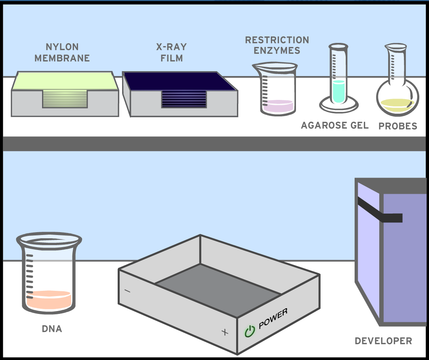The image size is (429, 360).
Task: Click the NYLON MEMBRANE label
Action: pyautogui.click(x=62, y=53)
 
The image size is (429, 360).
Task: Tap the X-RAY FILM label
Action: pyautogui.click(x=171, y=53)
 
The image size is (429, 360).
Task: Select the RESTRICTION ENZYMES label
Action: pyautogui.click(x=277, y=45)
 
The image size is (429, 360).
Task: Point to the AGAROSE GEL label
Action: pyautogui.click(x=335, y=125)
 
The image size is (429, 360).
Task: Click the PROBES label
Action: pyautogui.click(x=397, y=126)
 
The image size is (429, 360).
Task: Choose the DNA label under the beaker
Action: pyautogui.click(x=52, y=329)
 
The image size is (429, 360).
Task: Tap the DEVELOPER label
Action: pyautogui.click(x=383, y=341)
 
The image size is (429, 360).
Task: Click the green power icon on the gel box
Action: pyautogui.click(x=250, y=331)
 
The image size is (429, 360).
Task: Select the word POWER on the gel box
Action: pyautogui.click(x=273, y=319)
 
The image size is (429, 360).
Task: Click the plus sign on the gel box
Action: pyautogui.click(x=225, y=332)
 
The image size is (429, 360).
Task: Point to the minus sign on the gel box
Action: pyautogui.click(x=127, y=291)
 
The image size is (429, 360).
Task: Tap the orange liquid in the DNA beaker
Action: pyautogui.click(x=49, y=300)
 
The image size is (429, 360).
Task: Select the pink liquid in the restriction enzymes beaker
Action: pyautogui.click(x=277, y=106)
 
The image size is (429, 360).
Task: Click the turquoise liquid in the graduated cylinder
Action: pyautogui.click(x=338, y=91)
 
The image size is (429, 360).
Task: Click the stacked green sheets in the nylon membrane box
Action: pyautogui.click(x=65, y=99)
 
